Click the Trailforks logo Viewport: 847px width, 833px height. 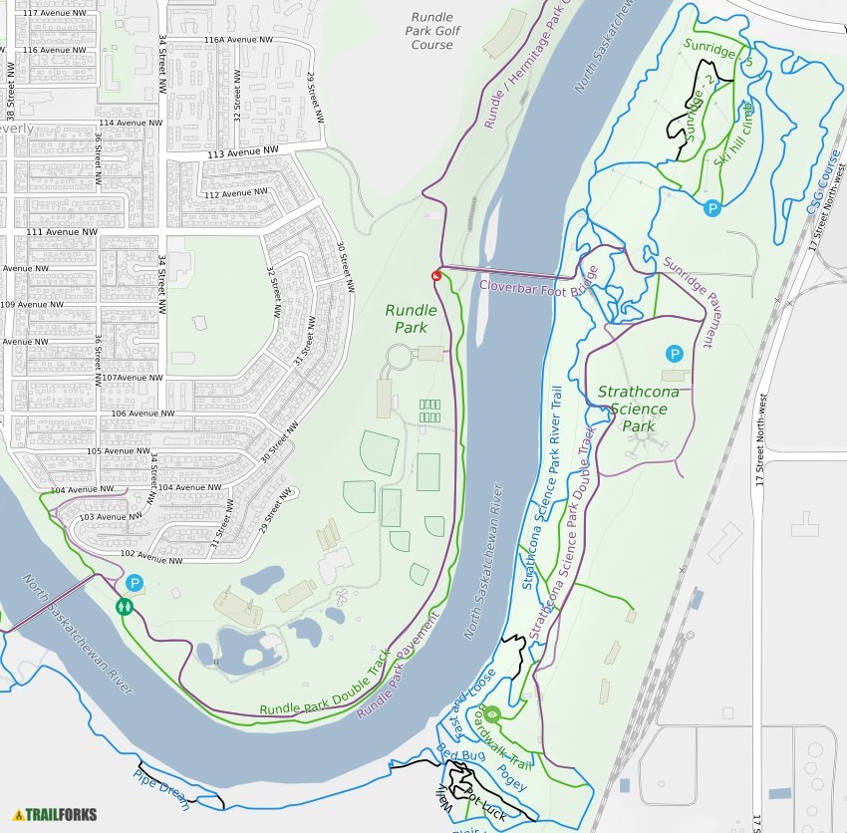(x=56, y=814)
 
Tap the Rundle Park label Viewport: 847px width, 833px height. (x=411, y=319)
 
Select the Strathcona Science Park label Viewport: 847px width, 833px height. (x=638, y=409)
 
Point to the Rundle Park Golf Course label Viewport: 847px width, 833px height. (x=430, y=31)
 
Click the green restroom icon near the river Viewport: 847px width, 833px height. (x=125, y=605)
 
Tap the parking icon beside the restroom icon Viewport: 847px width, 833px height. (x=135, y=584)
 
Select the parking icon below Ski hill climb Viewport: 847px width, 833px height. (x=712, y=208)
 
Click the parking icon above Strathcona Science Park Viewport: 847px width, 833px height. (x=675, y=354)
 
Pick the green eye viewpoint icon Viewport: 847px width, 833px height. (x=491, y=713)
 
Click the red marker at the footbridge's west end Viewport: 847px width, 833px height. (x=435, y=275)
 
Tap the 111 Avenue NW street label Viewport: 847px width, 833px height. (x=64, y=231)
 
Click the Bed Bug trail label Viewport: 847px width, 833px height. (x=460, y=754)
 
